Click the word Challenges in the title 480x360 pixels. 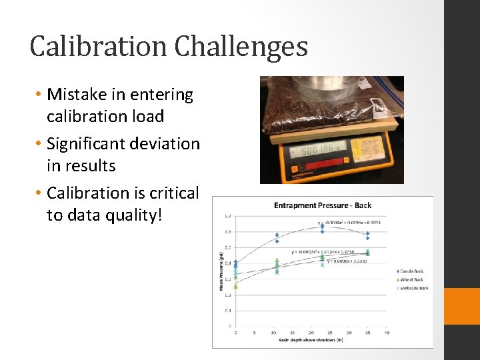click(241, 47)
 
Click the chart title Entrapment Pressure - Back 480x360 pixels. click(323, 205)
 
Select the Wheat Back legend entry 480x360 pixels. click(412, 279)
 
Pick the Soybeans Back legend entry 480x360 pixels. click(413, 288)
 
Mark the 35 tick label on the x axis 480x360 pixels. click(367, 332)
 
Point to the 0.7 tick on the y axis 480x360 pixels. click(228, 217)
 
